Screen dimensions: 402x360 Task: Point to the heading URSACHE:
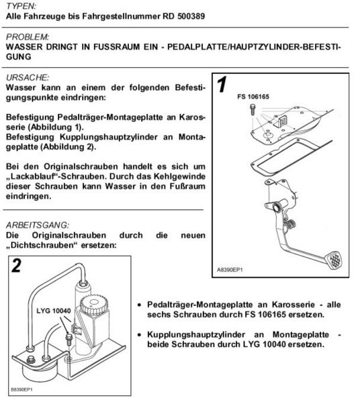point(26,78)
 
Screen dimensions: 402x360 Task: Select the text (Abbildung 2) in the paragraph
point(68,146)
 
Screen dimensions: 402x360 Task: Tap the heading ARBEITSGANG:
point(36,225)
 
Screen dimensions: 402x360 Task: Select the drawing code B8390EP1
point(22,389)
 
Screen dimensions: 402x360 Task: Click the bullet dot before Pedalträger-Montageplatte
point(138,303)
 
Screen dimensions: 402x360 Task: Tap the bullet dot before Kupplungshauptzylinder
point(138,334)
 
